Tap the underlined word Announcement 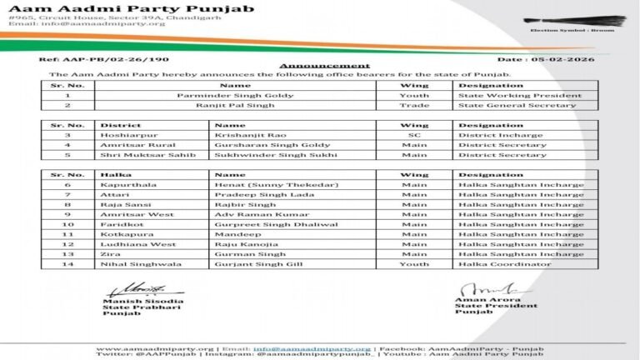pyautogui.click(x=324, y=65)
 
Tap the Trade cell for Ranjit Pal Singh pyautogui.click(x=413, y=105)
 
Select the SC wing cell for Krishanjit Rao pyautogui.click(x=413, y=135)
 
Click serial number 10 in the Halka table pyautogui.click(x=68, y=224)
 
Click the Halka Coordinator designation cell pyautogui.click(x=503, y=264)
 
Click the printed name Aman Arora pyautogui.click(x=477, y=300)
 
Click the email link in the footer pyautogui.click(x=312, y=348)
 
